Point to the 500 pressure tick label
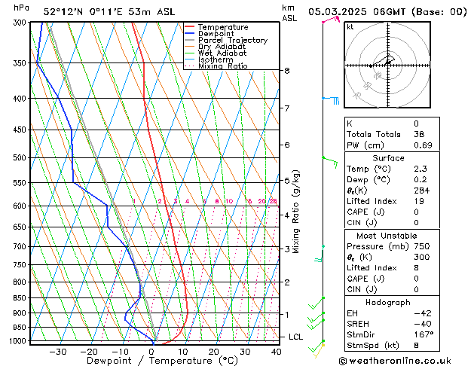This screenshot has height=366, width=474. click(20, 158)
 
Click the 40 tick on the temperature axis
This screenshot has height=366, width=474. click(276, 351)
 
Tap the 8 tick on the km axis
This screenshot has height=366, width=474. click(286, 71)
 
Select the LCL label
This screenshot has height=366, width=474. click(295, 337)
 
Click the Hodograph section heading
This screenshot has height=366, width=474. click(388, 302)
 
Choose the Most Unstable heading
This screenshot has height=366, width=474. click(388, 236)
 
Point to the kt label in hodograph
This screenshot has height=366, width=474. click(350, 27)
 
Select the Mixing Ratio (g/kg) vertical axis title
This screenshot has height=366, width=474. click(296, 212)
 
